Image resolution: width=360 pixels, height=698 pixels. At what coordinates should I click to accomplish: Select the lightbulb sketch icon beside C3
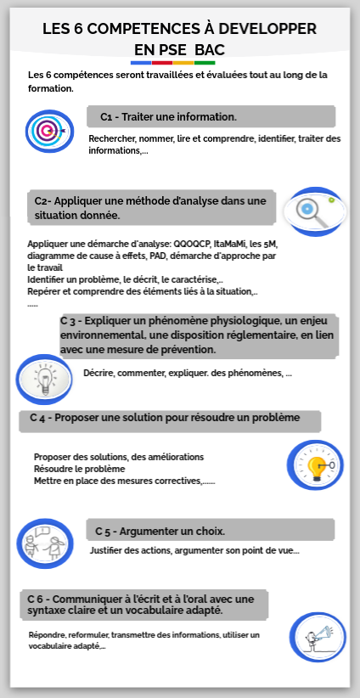click(43, 379)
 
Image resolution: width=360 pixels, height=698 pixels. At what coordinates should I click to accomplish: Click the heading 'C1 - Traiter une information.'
click(168, 116)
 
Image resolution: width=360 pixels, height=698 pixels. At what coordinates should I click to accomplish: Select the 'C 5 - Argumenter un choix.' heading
click(160, 532)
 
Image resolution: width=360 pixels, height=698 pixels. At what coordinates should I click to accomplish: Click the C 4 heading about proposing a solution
click(165, 418)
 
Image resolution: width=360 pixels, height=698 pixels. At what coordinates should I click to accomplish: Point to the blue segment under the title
click(141, 62)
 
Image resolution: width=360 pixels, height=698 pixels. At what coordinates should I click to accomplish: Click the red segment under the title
click(162, 62)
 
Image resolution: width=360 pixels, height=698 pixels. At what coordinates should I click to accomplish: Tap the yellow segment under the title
click(183, 62)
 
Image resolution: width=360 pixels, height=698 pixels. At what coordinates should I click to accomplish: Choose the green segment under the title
click(205, 62)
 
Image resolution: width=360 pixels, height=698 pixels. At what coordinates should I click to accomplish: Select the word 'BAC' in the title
click(210, 49)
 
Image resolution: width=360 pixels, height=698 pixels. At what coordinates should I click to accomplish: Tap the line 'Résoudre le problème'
click(80, 469)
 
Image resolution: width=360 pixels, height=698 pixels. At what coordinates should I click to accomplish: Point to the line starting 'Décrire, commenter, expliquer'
click(187, 373)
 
